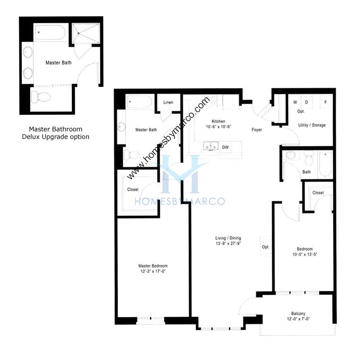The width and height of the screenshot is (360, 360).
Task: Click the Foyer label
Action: tap(257, 130)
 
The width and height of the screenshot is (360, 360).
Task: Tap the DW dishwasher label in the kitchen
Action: tap(225, 147)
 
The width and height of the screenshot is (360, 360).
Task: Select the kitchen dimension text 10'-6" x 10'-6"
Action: tap(218, 127)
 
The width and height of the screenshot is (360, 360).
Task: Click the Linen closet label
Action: tap(168, 103)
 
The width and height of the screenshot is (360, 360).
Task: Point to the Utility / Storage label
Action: tap(312, 125)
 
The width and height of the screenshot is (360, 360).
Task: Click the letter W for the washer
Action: tap(295, 102)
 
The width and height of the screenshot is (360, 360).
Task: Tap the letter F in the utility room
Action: tap(326, 102)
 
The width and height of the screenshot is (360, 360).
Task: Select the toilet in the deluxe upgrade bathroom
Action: tap(41, 96)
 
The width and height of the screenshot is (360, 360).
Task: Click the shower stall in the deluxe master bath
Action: tap(86, 33)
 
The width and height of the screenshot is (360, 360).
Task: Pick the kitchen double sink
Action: tap(211, 146)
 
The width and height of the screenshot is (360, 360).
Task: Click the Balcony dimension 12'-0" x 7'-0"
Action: tap(298, 319)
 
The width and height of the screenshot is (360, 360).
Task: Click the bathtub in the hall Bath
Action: tap(326, 164)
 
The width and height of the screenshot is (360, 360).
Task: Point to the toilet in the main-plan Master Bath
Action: tap(132, 155)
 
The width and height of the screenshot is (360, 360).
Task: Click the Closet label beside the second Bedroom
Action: tap(318, 193)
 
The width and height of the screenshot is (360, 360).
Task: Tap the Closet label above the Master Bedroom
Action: tap(133, 189)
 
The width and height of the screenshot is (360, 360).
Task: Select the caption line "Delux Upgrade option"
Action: tap(56, 137)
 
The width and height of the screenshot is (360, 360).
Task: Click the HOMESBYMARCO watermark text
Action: tap(180, 201)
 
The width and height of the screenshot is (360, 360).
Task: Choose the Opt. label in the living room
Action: tap(266, 247)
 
